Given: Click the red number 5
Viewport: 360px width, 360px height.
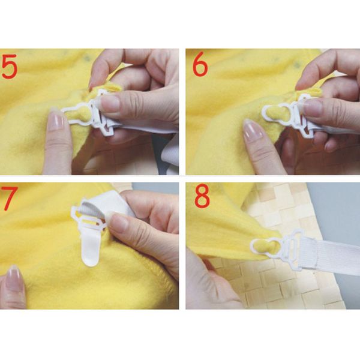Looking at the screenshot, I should point(13,67).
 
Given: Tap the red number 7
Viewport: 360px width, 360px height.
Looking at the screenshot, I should point(11,199).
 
